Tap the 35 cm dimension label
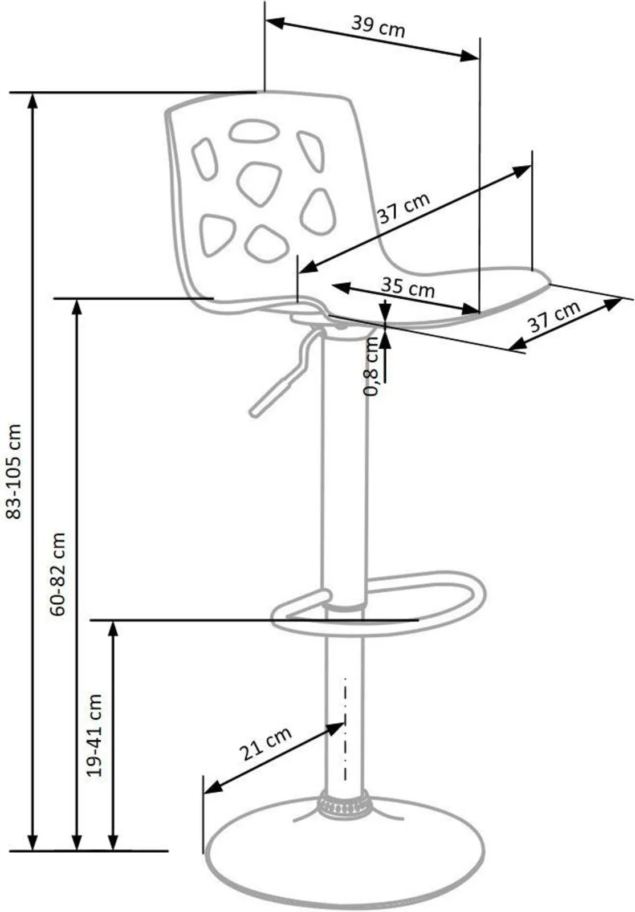(408, 287)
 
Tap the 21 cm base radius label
(265, 744)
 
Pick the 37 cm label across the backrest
(404, 209)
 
